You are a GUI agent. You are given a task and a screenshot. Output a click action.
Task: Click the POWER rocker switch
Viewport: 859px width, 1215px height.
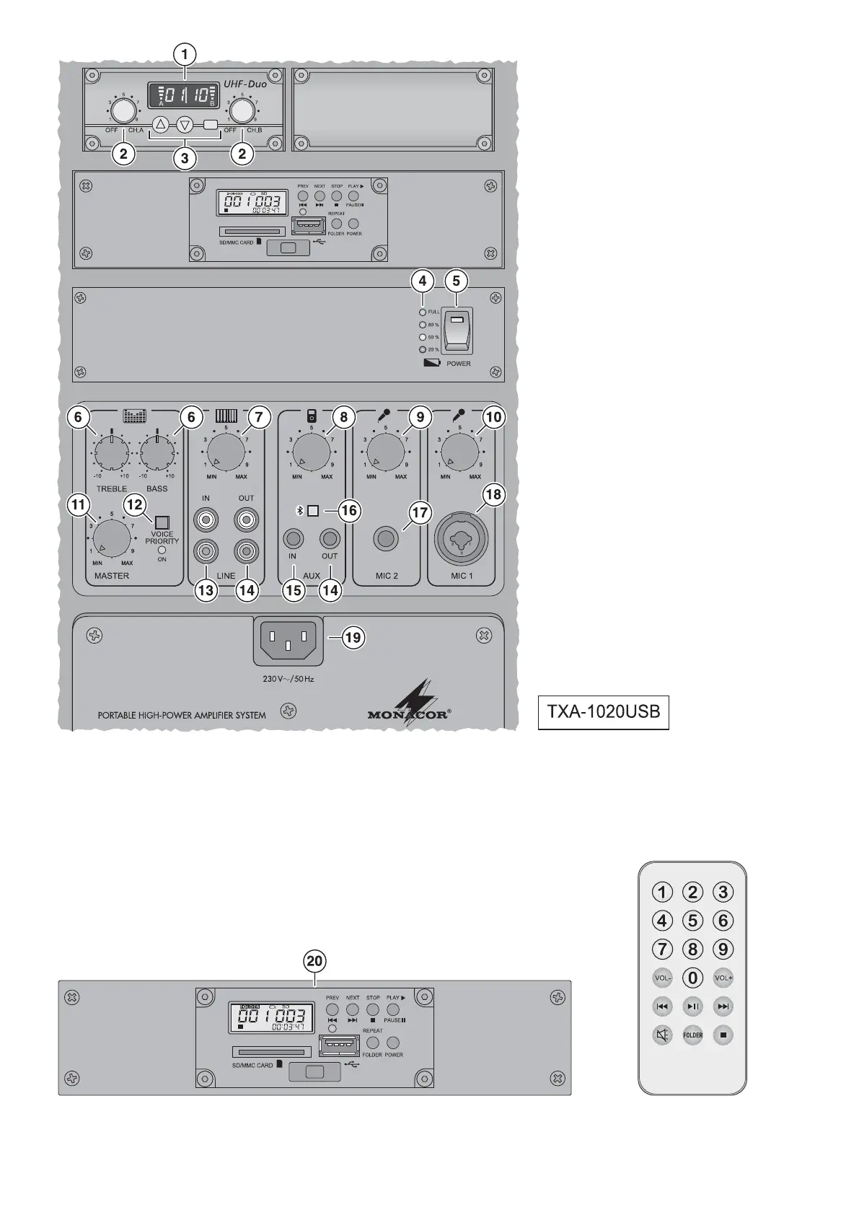(456, 330)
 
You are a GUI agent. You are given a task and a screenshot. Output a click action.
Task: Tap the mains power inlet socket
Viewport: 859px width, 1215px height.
(288, 640)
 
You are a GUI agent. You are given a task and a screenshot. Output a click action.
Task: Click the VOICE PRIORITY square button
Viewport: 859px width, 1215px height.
(162, 522)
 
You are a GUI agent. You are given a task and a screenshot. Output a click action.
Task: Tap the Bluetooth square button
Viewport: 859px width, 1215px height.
(313, 511)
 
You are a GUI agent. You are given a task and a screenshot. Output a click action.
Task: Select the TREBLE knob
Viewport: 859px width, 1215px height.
(112, 453)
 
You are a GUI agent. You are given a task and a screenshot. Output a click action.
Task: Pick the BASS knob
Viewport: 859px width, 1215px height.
(157, 453)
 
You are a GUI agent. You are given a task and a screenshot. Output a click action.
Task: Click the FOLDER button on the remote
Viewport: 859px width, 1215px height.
(692, 1035)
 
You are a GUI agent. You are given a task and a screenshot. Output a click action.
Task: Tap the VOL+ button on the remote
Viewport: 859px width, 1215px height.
(723, 978)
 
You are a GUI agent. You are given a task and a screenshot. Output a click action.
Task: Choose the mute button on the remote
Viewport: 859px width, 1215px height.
(662, 1035)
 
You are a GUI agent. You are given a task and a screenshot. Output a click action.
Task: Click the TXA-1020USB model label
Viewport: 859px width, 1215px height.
(603, 712)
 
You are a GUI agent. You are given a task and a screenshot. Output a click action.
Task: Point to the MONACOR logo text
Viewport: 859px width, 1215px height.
(409, 715)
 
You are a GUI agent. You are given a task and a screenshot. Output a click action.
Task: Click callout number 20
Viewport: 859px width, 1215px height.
(315, 961)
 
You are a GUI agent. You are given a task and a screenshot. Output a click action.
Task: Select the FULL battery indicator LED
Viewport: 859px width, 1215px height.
(423, 312)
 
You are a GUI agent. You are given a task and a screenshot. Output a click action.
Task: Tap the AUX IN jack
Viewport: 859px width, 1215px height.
(293, 538)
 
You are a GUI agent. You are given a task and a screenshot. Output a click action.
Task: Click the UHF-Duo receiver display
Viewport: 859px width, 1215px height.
(182, 95)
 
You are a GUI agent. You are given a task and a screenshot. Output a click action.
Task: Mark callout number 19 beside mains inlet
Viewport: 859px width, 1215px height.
(353, 637)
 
